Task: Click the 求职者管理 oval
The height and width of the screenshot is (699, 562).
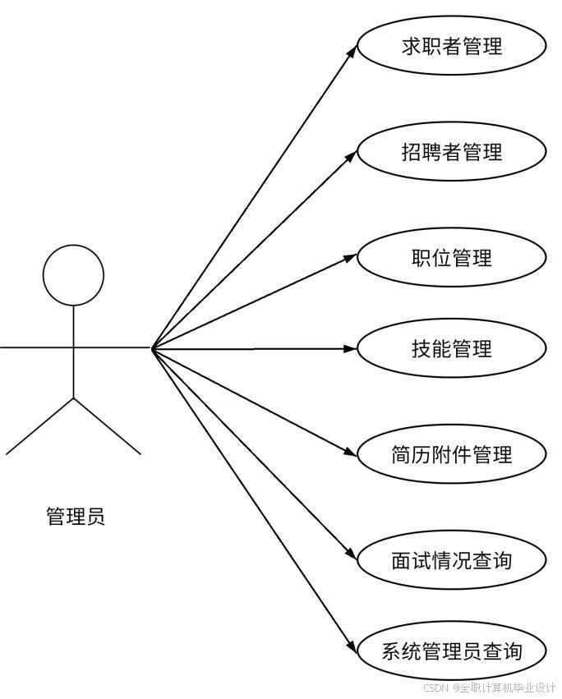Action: (452, 46)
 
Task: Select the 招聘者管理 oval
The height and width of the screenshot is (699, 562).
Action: (452, 152)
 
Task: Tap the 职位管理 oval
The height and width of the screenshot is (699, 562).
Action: (452, 258)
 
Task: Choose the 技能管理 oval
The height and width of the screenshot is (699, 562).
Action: (452, 348)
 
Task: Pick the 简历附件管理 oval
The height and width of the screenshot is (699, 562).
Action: (452, 454)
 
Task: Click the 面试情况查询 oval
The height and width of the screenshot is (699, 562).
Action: (452, 560)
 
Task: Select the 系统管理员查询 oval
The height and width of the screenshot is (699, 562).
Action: (452, 652)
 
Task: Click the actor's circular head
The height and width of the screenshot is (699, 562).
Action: (74, 275)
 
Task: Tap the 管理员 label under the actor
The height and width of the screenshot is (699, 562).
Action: (75, 517)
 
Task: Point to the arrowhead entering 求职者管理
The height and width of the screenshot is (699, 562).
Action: (352, 50)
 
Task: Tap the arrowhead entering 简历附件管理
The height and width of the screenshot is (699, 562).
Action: (351, 451)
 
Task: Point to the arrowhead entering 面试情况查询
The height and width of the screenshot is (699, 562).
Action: (352, 556)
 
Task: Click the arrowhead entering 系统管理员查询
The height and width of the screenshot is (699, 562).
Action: (352, 649)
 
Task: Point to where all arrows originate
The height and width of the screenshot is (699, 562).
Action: (153, 348)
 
